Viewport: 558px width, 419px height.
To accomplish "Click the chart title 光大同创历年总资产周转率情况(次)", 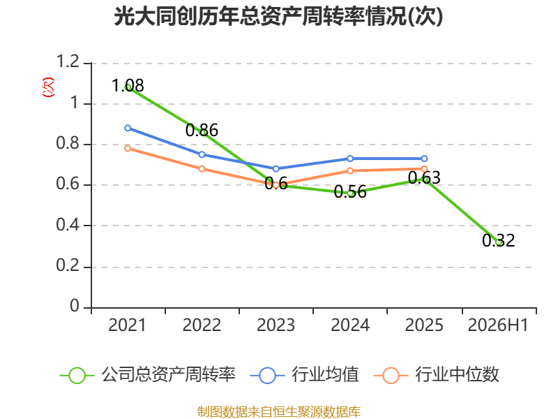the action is (278, 16).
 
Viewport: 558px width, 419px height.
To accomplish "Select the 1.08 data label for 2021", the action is (128, 85).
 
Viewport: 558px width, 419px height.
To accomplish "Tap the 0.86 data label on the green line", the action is (202, 130).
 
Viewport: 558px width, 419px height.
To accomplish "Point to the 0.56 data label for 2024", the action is (350, 191).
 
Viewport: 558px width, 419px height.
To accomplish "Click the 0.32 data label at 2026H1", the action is (499, 240).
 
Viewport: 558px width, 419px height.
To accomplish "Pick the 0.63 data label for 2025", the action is (424, 177).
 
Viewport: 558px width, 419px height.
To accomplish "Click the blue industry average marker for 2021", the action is (128, 128).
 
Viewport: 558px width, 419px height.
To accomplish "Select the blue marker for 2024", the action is (350, 159).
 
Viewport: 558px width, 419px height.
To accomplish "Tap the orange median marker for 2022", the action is (202, 168).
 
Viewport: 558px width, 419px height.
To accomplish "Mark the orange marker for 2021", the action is (128, 148).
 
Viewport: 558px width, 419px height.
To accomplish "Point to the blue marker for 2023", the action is (276, 168).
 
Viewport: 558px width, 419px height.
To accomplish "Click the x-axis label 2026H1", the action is (498, 325).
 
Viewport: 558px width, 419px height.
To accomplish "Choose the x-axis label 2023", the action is (276, 325).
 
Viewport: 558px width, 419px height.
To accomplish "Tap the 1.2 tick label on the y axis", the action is (68, 61).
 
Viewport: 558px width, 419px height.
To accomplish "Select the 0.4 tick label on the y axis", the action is (68, 224).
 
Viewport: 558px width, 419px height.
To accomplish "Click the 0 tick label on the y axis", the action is (75, 306).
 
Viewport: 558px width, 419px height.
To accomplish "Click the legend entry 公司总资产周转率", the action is (148, 375).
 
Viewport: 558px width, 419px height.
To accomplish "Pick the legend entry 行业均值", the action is (305, 375).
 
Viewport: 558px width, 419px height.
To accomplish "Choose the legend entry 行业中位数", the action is (437, 375).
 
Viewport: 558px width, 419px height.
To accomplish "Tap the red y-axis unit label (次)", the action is (48, 87).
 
